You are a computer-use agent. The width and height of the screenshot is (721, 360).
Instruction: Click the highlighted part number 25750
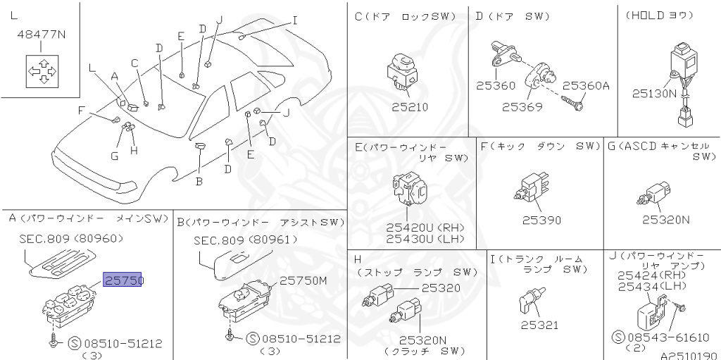pos(123,280)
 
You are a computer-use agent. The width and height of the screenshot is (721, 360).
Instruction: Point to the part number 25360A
pos(586,86)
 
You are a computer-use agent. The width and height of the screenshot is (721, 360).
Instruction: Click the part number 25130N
pos(654,93)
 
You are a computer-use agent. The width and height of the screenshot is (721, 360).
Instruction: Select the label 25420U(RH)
pos(420,228)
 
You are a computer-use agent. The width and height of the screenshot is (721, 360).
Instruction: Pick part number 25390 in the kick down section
pos(541,220)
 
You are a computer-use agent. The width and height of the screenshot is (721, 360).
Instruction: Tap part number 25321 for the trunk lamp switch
pos(539,325)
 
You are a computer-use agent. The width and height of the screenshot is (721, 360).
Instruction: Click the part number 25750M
pos(303,280)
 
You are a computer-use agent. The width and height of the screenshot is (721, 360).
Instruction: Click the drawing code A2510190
pos(687,354)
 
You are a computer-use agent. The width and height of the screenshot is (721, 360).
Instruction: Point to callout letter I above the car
pos(294,20)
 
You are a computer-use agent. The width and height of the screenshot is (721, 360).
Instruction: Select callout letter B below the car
pos(199,180)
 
